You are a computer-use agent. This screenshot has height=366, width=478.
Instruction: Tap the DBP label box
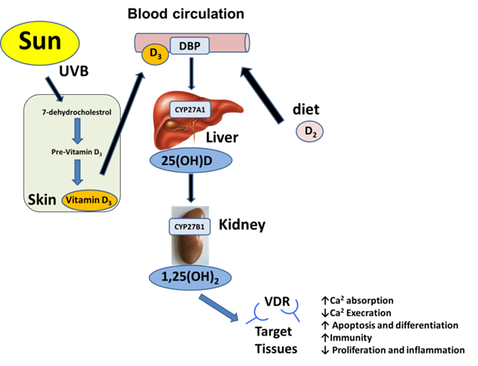pyautogui.click(x=189, y=46)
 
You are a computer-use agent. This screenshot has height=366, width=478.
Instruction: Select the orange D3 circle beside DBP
pyautogui.click(x=154, y=55)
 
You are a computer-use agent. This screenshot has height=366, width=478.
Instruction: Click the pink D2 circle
pyautogui.click(x=308, y=132)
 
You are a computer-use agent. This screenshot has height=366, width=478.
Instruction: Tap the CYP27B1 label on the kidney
pyautogui.click(x=193, y=226)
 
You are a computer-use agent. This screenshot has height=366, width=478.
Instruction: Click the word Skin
pyautogui.click(x=39, y=199)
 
